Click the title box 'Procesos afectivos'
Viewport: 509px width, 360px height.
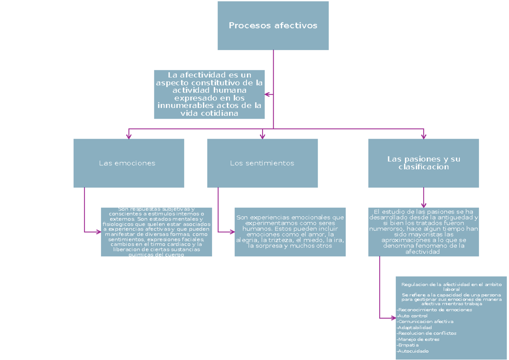point(273,25)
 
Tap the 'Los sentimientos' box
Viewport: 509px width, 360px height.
point(262,163)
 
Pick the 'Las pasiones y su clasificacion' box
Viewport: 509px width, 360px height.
point(423,163)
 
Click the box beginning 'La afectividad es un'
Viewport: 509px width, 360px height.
point(209,94)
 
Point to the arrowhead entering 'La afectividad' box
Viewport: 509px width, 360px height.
point(267,94)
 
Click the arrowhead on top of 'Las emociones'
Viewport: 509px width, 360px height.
point(129,136)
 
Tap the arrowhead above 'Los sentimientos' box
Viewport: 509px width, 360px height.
point(263,136)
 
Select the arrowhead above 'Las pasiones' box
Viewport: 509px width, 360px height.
point(423,136)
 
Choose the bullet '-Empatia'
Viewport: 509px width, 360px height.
point(408,345)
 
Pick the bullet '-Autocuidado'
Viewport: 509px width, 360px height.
point(413,351)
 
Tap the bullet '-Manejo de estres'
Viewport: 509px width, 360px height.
point(418,339)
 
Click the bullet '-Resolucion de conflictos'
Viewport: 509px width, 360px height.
point(426,333)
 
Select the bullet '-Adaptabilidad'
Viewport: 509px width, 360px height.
point(414,327)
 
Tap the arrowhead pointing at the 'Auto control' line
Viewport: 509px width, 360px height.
point(393,318)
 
